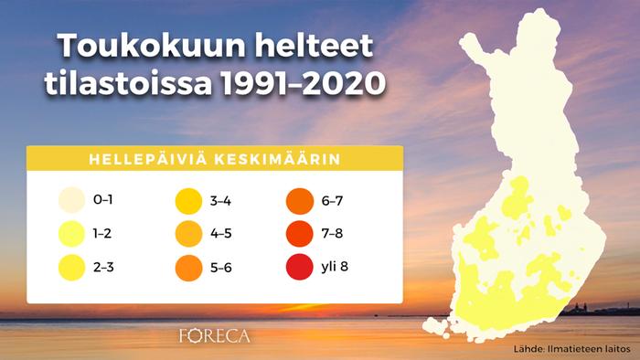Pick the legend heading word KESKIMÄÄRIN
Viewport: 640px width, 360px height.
(278, 158)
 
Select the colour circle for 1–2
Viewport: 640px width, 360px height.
(70, 234)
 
